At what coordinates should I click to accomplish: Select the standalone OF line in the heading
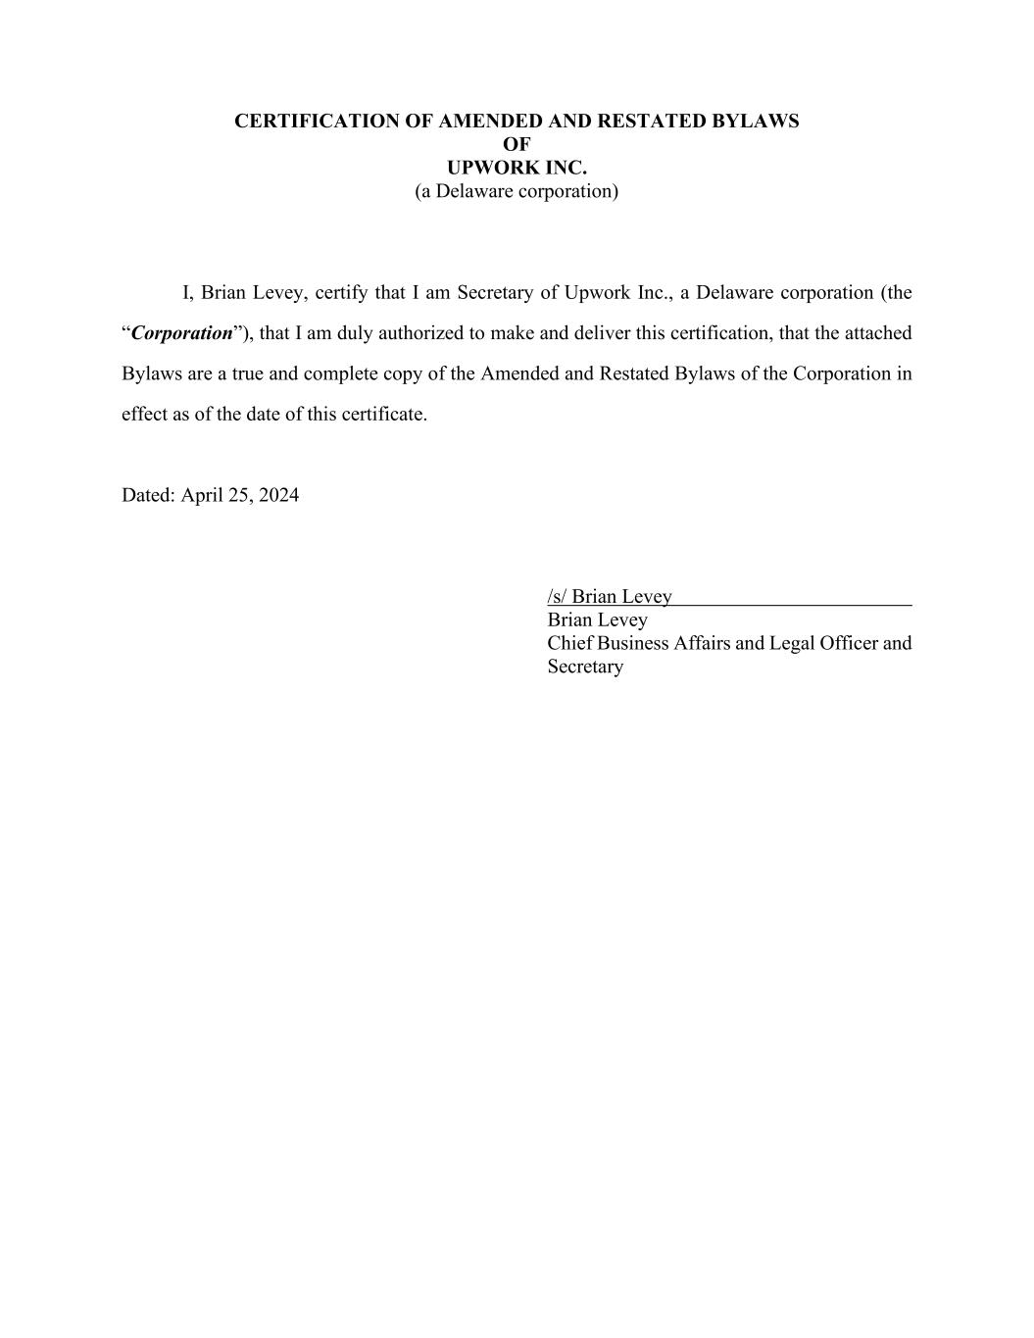[517, 144]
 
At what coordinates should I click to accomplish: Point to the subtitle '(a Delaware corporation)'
[517, 191]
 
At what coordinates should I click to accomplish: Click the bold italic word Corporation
[182, 333]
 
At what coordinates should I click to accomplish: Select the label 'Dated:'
[149, 495]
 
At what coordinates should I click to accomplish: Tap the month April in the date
[203, 495]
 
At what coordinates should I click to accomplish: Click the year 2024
[278, 495]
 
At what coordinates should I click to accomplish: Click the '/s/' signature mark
[557, 596]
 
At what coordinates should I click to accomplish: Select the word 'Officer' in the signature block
[851, 643]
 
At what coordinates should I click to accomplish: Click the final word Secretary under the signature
[585, 667]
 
